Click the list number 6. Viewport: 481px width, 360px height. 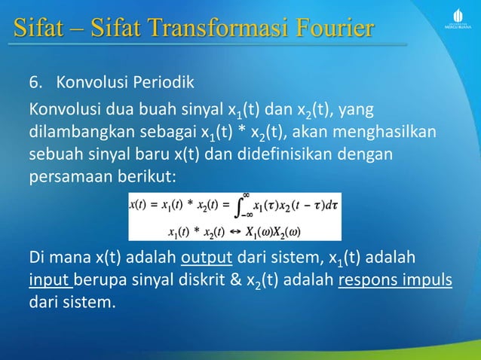[x=34, y=82]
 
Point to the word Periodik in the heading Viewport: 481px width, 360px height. [x=163, y=82]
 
